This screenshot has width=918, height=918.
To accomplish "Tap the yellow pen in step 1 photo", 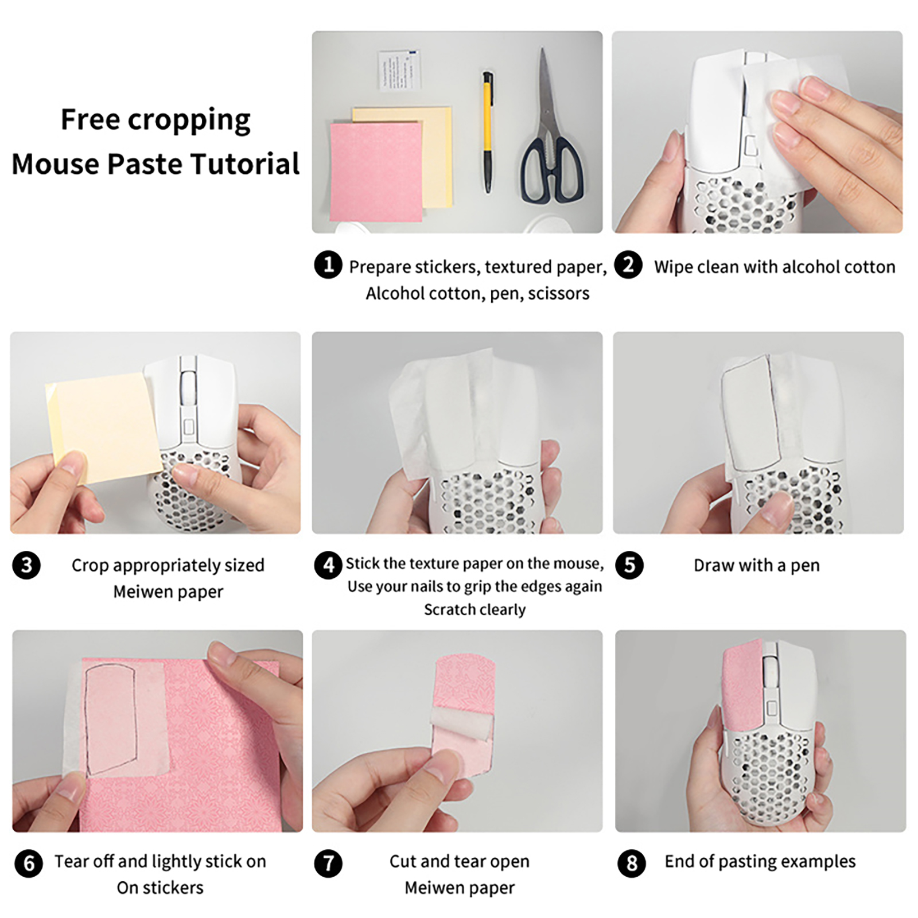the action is (x=488, y=132).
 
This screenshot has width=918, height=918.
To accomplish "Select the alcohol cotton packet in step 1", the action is (x=399, y=69).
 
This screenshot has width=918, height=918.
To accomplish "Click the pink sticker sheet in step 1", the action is (x=376, y=171).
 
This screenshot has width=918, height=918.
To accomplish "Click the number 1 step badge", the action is (x=328, y=265).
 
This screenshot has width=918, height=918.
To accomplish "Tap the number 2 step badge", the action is (x=628, y=265).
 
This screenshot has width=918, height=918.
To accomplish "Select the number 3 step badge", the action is (x=26, y=566).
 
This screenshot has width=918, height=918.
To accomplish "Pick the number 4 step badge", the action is (x=328, y=566).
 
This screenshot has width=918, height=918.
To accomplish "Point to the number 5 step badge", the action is (x=629, y=566).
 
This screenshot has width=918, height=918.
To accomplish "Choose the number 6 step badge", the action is (x=29, y=863).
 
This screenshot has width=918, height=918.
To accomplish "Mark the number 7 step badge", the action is (x=328, y=863).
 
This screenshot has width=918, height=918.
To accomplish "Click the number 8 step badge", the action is (x=632, y=863).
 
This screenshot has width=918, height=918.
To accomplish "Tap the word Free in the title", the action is (x=90, y=119).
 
